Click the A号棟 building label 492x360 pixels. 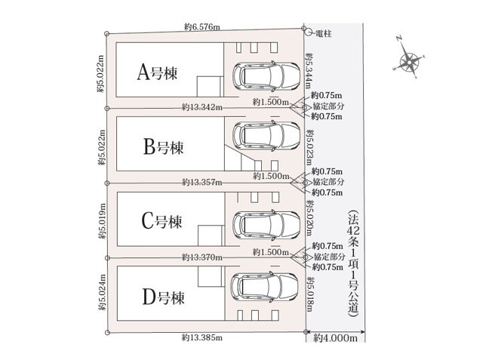point(157,72)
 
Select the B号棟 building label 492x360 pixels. point(163,147)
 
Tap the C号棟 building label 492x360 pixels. point(162,221)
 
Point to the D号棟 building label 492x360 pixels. point(163,297)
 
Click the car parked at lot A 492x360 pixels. point(266,75)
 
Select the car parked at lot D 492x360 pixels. point(264,287)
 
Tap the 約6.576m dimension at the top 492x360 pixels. point(201,27)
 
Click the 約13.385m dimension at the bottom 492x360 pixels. point(202,337)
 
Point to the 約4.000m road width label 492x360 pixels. point(336,338)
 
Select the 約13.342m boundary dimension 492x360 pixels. point(202,107)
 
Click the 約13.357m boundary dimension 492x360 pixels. point(202,182)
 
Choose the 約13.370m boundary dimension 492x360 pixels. point(202,257)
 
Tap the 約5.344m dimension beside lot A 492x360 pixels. point(309,71)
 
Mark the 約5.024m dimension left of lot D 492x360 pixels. point(103,292)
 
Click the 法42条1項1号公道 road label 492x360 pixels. point(354,263)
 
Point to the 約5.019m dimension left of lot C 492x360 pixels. point(103,221)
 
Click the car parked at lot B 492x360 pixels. point(266,136)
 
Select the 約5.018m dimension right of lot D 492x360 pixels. point(310,294)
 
